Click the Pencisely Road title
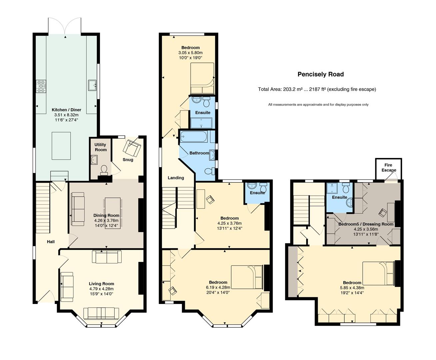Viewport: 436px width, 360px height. point(320,74)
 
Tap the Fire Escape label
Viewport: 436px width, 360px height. point(388,168)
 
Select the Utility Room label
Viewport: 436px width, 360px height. point(101,147)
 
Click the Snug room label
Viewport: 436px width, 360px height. point(128,160)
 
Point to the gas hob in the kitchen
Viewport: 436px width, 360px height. point(41,86)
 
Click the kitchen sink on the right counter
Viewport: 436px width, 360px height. point(92,85)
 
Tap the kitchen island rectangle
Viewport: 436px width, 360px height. point(61,146)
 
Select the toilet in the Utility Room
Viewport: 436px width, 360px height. point(104,170)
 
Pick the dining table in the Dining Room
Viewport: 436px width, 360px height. point(113,213)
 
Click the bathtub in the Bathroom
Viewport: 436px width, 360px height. point(194,137)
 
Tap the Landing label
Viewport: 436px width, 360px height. point(176,178)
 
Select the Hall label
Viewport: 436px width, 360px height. point(51,242)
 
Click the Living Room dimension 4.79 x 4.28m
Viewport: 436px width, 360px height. point(102,289)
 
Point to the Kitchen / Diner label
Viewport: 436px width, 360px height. point(66,110)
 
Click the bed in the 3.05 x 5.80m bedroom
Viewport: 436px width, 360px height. point(202,78)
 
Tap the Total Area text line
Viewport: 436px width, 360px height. point(317,89)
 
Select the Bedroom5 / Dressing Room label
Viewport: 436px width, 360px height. point(366,224)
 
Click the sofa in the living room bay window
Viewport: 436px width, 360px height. point(101,313)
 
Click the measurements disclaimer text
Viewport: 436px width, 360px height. point(318,104)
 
